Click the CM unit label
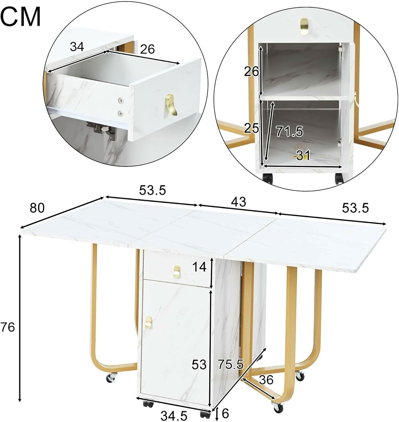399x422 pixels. [21, 17]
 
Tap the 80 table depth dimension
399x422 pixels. [37, 208]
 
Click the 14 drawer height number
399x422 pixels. [199, 267]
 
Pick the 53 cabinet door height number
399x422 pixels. [199, 365]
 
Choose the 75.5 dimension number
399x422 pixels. [231, 364]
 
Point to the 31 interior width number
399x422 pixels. [303, 155]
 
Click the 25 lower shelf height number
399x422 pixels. [251, 129]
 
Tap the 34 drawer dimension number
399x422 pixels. [77, 46]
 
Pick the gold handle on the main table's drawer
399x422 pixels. [176, 271]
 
